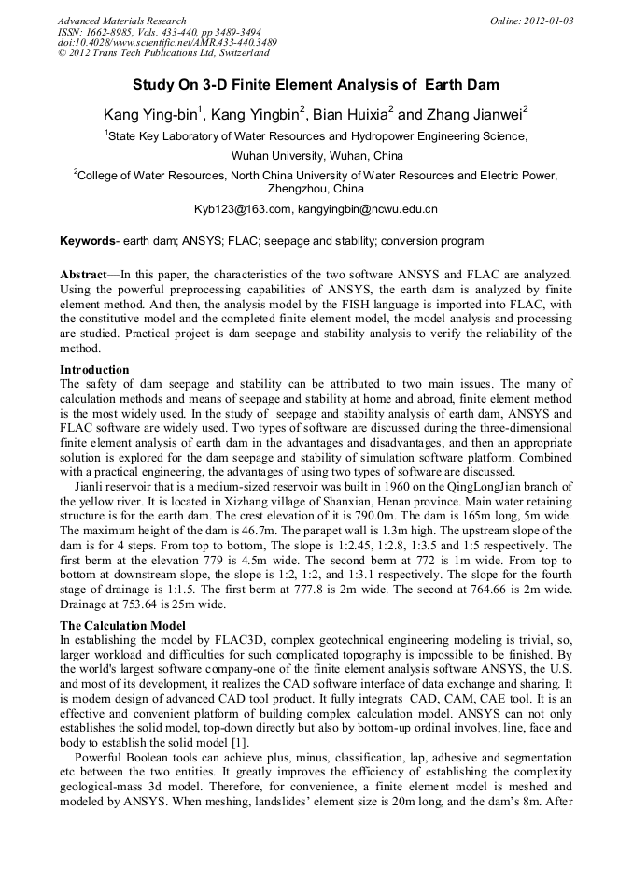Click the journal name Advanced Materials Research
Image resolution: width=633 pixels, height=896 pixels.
(x=121, y=21)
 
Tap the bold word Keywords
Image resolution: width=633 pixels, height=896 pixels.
(x=87, y=241)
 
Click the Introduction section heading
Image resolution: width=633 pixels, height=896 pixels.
(x=94, y=370)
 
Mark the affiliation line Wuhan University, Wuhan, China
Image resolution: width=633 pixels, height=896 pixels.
(x=316, y=155)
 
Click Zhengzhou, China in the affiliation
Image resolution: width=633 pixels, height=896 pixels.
(x=316, y=189)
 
